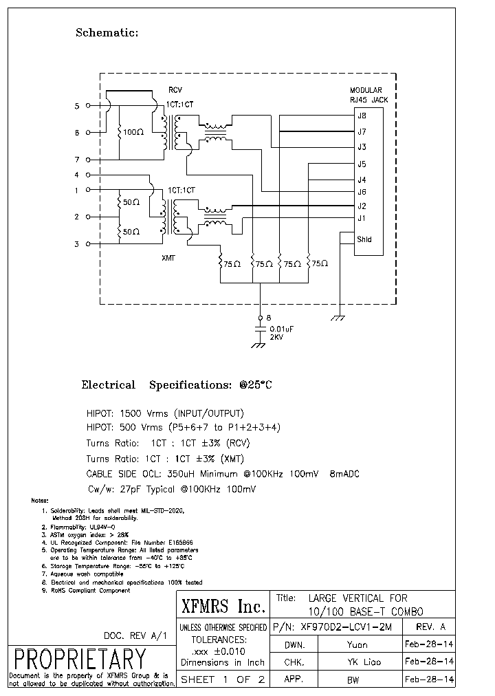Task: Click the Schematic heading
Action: (x=107, y=32)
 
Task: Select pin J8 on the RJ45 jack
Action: (x=362, y=116)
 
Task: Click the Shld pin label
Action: (x=364, y=239)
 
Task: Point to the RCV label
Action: (x=176, y=90)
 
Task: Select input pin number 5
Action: (x=77, y=106)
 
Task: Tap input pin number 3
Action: (x=77, y=244)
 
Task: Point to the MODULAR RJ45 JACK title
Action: (x=368, y=95)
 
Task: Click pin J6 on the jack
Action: (x=362, y=192)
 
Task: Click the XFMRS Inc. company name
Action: (x=223, y=607)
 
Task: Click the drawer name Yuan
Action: (x=357, y=644)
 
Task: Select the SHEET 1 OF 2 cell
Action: (x=223, y=679)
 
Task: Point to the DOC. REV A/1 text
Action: (x=135, y=636)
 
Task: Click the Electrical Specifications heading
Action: (x=177, y=385)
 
